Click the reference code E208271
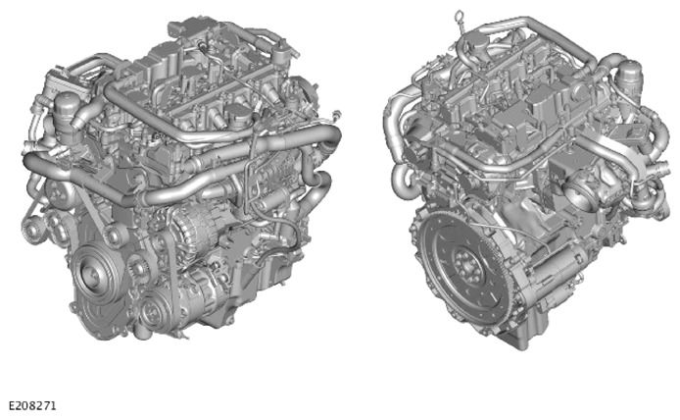click(32, 406)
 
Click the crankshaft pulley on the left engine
click(91, 274)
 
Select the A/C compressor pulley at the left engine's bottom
click(153, 309)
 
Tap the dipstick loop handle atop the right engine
click(459, 17)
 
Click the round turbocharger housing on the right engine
click(584, 192)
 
